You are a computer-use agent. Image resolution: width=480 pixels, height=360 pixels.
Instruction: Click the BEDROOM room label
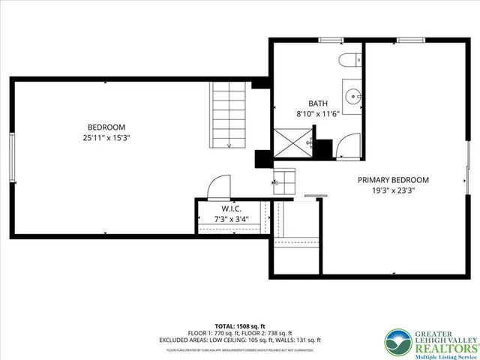click(106, 127)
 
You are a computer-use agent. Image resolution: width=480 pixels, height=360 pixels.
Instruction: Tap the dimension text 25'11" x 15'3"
click(106, 138)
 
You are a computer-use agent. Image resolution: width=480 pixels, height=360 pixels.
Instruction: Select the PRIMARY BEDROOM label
click(393, 180)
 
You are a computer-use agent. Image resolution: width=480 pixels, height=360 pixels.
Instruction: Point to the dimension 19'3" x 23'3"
click(393, 190)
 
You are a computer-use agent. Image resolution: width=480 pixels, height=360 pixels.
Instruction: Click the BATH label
click(318, 103)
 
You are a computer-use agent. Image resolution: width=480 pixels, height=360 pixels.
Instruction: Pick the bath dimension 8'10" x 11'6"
click(318, 114)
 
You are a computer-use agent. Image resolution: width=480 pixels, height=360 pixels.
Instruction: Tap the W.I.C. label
click(230, 208)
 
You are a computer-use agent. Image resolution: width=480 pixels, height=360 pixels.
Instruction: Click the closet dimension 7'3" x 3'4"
click(230, 219)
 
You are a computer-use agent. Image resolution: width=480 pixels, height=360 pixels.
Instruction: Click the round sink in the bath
click(352, 95)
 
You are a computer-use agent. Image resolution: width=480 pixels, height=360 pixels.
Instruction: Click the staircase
click(228, 116)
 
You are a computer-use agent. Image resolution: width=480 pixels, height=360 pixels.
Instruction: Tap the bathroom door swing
click(348, 146)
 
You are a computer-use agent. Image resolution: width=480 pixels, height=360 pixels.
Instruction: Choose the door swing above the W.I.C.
click(219, 187)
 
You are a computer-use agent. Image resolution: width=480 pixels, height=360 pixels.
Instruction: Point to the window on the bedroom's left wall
click(10, 157)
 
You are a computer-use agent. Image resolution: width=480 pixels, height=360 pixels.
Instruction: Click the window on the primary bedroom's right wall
click(469, 162)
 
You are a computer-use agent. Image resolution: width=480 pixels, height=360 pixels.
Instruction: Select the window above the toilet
click(330, 39)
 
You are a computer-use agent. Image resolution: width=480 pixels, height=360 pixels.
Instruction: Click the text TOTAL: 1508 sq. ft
click(240, 325)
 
